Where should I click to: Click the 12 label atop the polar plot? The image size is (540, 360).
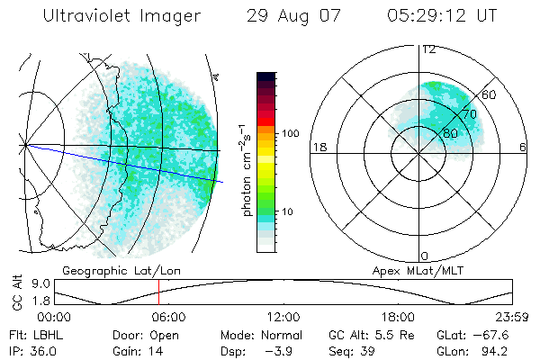click(x=428, y=49)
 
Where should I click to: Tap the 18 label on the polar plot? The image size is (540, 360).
click(x=318, y=147)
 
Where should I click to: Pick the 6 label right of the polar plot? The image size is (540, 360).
click(x=524, y=147)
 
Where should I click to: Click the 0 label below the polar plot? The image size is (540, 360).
click(x=425, y=256)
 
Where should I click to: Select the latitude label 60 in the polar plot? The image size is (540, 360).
click(x=489, y=94)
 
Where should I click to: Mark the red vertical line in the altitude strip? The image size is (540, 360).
click(x=159, y=292)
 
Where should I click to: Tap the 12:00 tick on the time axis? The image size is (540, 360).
click(x=283, y=317)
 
